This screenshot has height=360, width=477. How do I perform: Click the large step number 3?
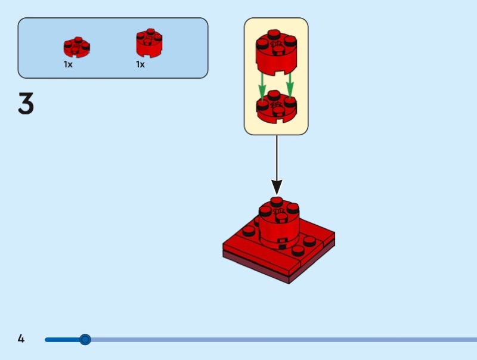26,104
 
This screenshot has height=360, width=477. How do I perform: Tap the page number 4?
21,339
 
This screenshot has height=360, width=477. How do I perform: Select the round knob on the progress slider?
85,340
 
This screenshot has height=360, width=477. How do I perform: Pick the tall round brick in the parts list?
148,43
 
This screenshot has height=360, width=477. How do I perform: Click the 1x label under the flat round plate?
68,64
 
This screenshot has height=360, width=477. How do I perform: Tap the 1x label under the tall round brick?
140,64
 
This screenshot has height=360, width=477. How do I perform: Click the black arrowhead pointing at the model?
277,187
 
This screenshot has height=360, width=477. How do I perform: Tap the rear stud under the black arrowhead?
276,201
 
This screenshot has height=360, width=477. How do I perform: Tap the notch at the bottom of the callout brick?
276,74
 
